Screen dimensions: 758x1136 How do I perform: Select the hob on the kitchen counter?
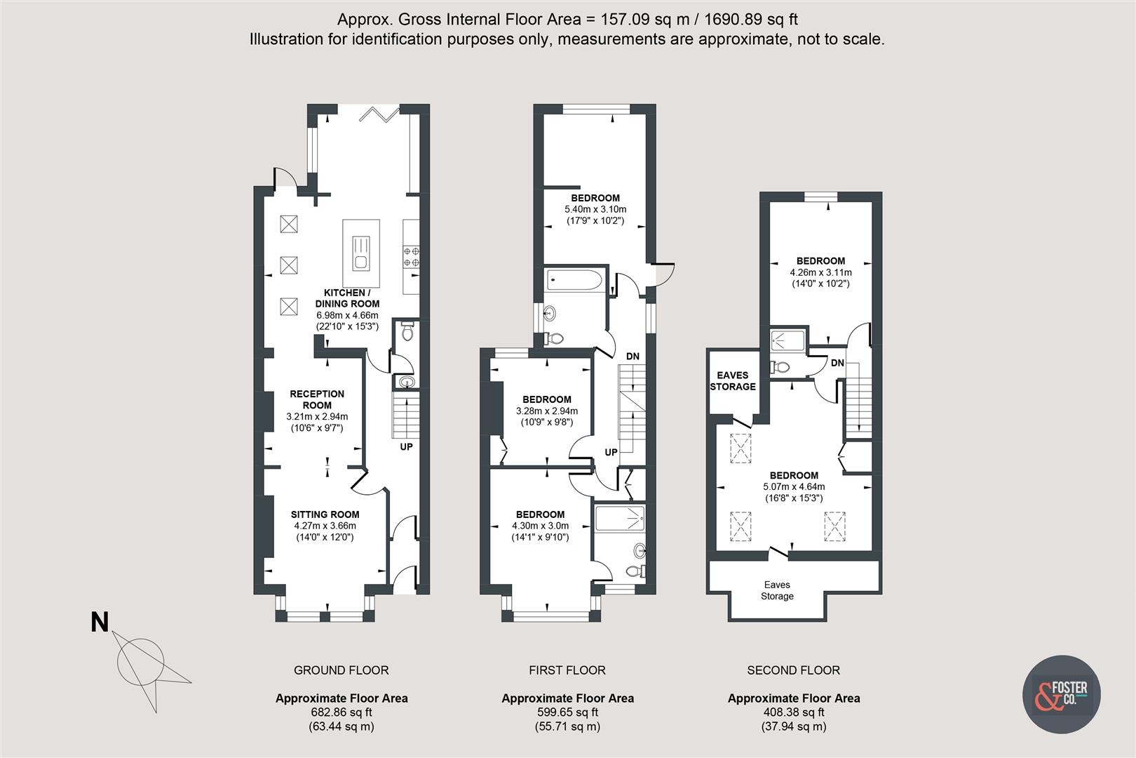pyautogui.click(x=411, y=256)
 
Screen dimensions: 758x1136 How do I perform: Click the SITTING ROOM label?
pyautogui.click(x=325, y=514)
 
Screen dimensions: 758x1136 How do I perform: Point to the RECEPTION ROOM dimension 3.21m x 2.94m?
pyautogui.click(x=317, y=416)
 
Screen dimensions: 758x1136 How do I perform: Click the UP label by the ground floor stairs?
pyautogui.click(x=406, y=446)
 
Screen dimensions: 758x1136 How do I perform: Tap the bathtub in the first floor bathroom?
pyautogui.click(x=574, y=281)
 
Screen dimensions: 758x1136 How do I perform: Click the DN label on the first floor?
pyautogui.click(x=633, y=357)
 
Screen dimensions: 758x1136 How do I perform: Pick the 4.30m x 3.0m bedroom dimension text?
pyautogui.click(x=540, y=526)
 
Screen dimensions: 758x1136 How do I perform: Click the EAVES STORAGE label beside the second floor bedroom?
pyautogui.click(x=733, y=380)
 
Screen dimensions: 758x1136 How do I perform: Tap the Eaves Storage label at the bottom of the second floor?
pyautogui.click(x=777, y=590)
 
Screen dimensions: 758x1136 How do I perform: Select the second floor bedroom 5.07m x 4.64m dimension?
pyautogui.click(x=794, y=486)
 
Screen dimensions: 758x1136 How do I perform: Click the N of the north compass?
pyautogui.click(x=100, y=622)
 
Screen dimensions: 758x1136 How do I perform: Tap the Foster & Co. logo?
pyautogui.click(x=1061, y=693)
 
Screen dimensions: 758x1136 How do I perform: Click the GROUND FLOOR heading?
pyautogui.click(x=341, y=670)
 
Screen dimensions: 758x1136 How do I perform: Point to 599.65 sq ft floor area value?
pyautogui.click(x=567, y=712)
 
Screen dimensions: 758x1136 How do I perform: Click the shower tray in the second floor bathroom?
pyautogui.click(x=788, y=340)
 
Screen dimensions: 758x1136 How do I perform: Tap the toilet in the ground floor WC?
pyautogui.click(x=407, y=333)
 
